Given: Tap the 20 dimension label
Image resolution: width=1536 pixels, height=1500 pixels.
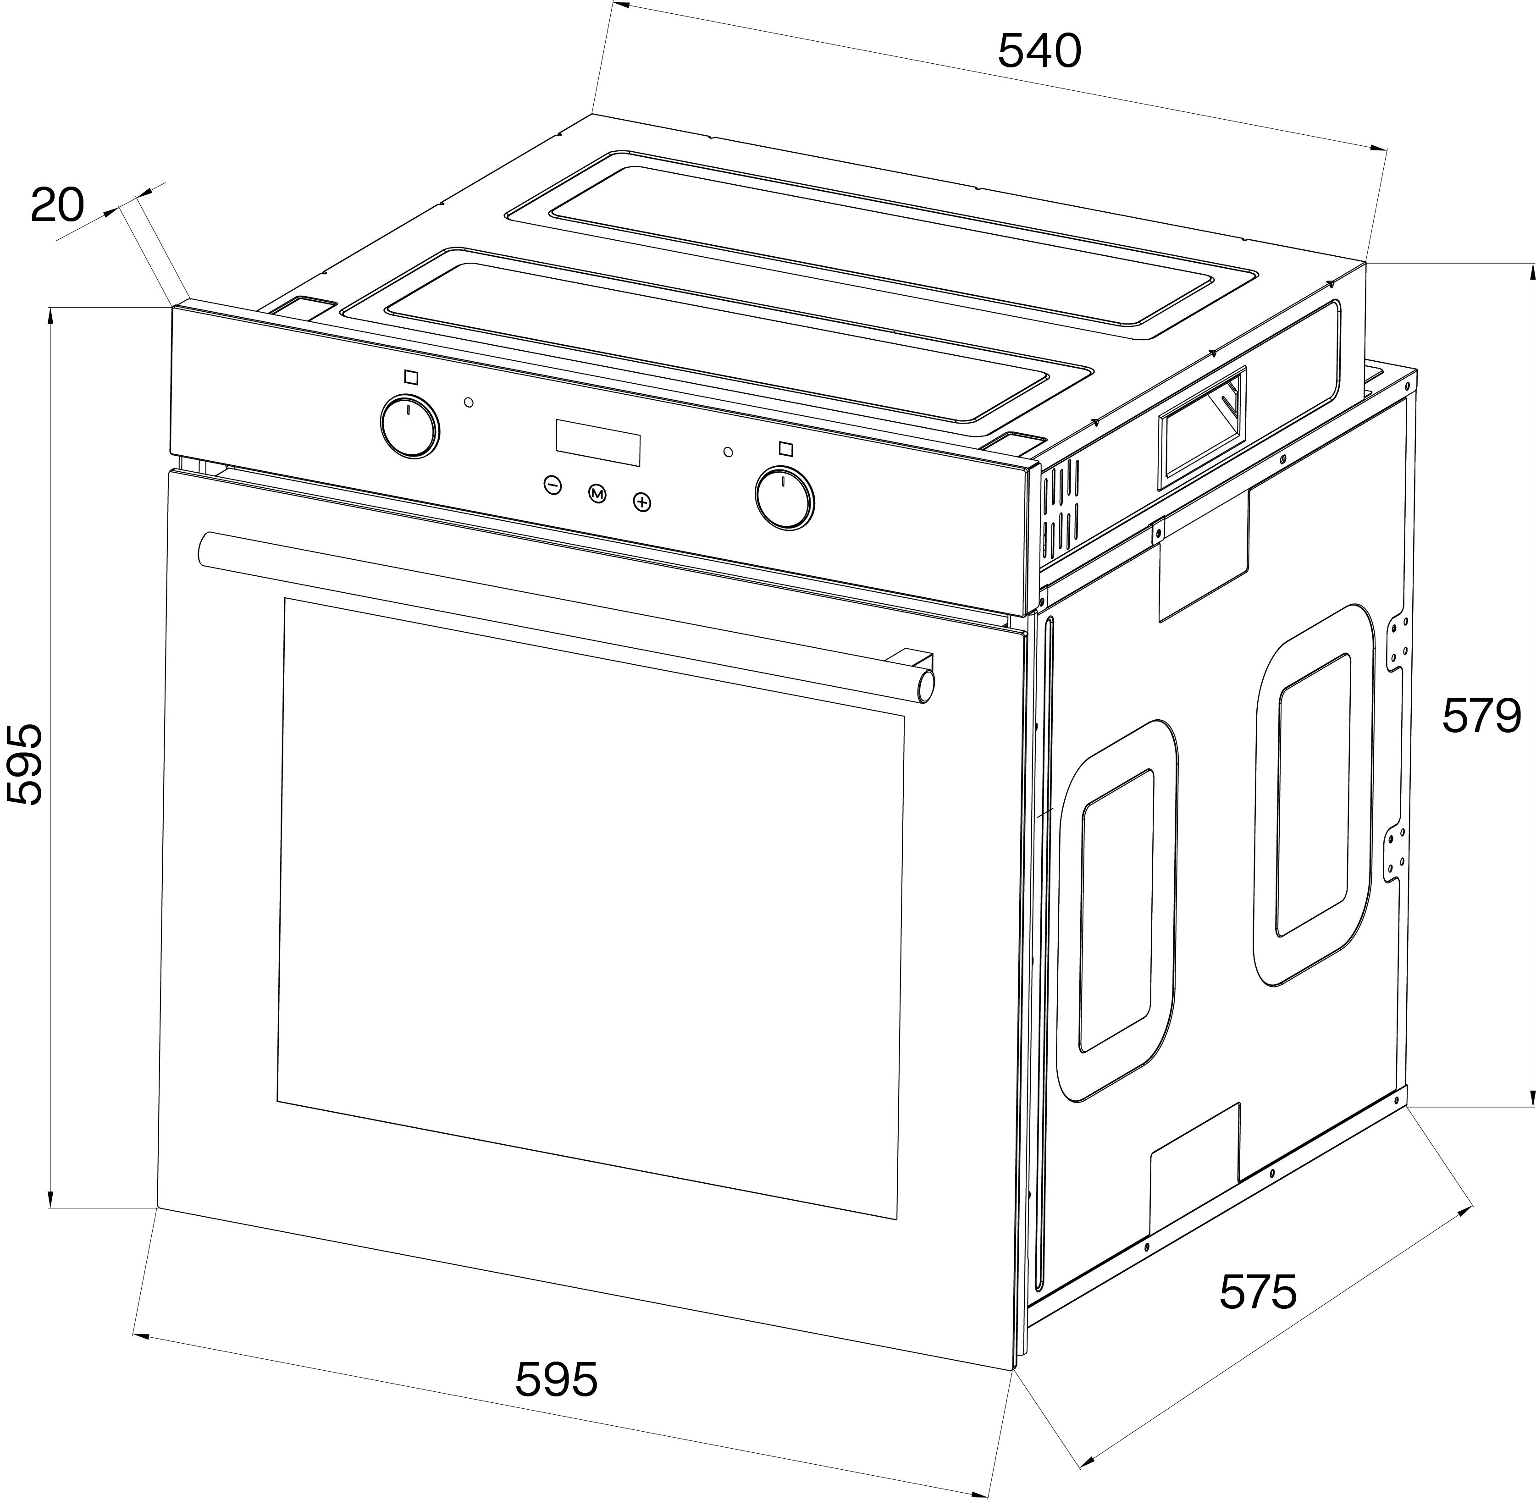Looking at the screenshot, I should click(x=57, y=206).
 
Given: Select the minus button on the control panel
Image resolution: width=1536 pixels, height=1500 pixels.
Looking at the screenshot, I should click(x=553, y=485).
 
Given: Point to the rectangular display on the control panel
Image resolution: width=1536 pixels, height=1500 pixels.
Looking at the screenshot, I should click(x=598, y=442).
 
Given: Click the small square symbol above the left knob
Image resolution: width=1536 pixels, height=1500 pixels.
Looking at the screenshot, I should click(x=410, y=377).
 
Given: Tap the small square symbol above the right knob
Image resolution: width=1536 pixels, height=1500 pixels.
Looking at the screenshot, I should click(x=785, y=449).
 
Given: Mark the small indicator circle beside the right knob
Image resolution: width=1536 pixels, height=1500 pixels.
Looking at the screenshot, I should click(x=727, y=452).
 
